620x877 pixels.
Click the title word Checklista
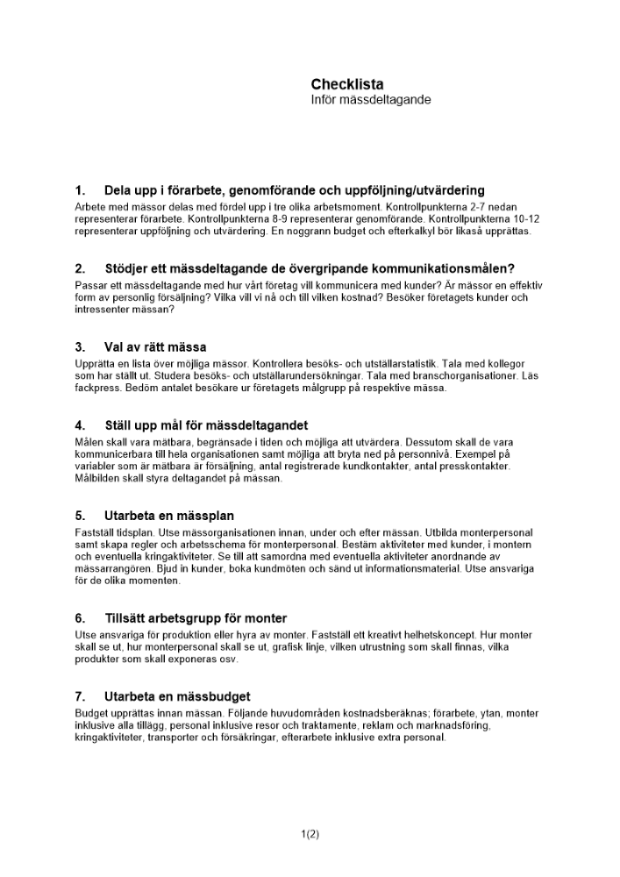(x=346, y=84)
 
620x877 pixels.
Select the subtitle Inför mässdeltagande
(x=370, y=100)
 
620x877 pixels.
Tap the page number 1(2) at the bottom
(x=310, y=834)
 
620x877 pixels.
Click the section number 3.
(x=80, y=347)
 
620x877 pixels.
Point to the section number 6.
(x=80, y=618)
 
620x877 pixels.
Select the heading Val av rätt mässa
(x=155, y=347)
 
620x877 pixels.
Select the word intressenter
(x=104, y=310)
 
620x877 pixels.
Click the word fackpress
(x=98, y=388)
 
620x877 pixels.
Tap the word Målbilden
(x=97, y=479)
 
